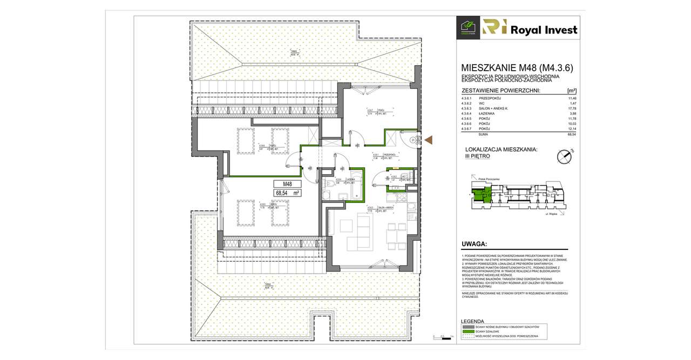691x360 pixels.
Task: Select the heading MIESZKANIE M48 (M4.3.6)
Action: point(517,68)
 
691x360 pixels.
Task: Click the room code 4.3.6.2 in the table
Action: point(466,104)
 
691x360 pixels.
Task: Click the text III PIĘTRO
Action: point(477,156)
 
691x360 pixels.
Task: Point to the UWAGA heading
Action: point(475,244)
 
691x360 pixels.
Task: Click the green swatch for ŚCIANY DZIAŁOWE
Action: point(467,331)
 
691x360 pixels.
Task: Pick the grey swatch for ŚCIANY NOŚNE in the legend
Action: point(467,327)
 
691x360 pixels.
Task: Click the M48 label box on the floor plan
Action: point(287,184)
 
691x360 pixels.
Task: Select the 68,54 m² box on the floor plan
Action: point(287,192)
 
